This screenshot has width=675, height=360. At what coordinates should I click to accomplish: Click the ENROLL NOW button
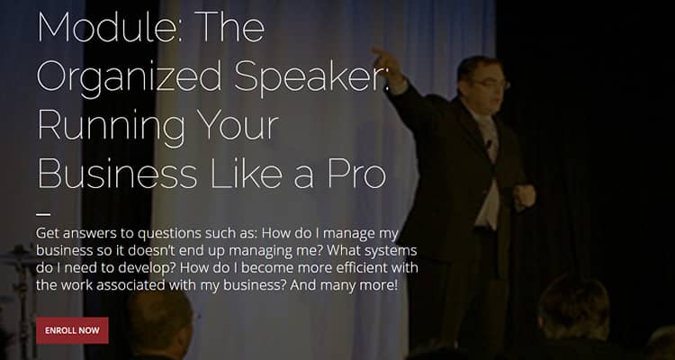72,330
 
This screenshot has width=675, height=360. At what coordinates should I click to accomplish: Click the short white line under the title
43,214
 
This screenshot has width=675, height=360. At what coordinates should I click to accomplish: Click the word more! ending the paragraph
377,286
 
